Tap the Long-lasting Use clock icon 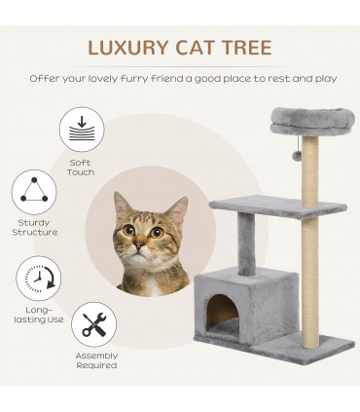click(x=40, y=279)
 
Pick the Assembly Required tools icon click(x=94, y=325)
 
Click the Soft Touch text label click(x=82, y=168)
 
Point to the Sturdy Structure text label click(x=35, y=227)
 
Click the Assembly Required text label click(x=95, y=360)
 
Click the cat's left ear click(x=121, y=206)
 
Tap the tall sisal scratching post click(x=309, y=263)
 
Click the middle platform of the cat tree click(x=277, y=206)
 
